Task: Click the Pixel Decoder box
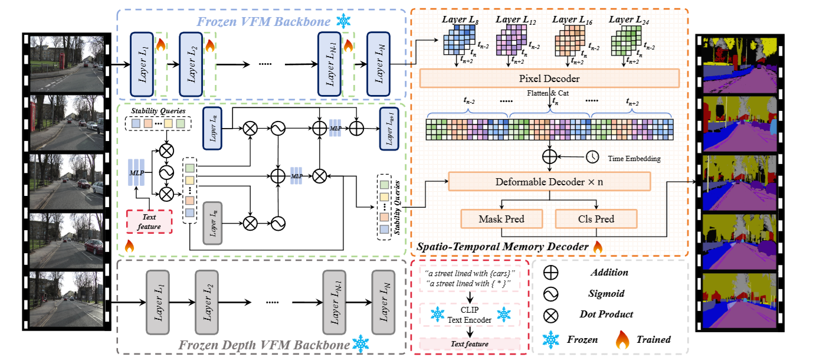click(549, 78)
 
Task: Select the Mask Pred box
click(501, 219)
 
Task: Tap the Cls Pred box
click(596, 219)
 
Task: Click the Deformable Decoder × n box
click(549, 181)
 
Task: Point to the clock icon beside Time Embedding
click(592, 158)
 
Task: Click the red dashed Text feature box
click(149, 221)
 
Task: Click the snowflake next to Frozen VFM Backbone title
click(343, 21)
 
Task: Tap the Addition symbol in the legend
click(551, 273)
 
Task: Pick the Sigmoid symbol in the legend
click(551, 294)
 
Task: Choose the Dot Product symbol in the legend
click(551, 315)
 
